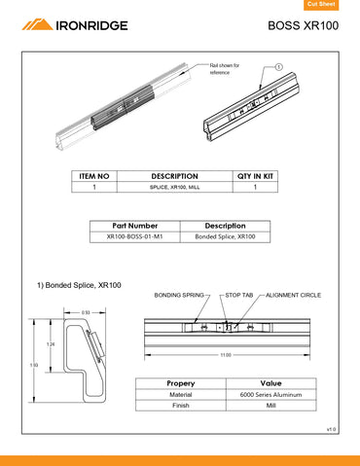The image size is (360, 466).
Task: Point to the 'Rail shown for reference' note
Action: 225,69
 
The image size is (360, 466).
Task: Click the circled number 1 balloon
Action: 278,67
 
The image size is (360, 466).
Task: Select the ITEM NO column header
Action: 93,176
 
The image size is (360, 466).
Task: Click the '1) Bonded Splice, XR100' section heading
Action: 79,285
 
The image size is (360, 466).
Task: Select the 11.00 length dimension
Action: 226,355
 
